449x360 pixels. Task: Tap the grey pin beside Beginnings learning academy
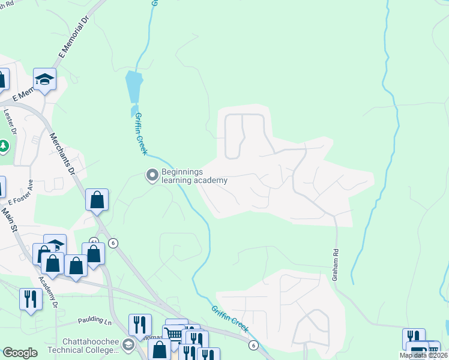[152, 176]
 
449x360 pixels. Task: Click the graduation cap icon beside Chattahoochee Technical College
[128, 345]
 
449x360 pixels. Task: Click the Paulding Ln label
[94, 322]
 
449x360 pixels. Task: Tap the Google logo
[20, 353]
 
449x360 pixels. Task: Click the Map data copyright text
[424, 355]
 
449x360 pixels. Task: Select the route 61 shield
[94, 241]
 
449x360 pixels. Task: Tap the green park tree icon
[4, 146]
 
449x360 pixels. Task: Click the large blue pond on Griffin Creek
[134, 87]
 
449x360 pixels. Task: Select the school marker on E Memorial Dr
[44, 79]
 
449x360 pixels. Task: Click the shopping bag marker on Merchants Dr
[97, 200]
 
